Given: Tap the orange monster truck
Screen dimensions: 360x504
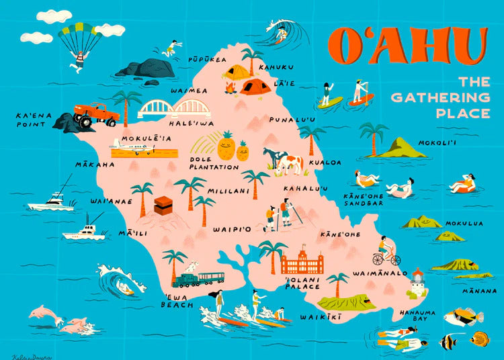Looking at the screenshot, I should point(96,115).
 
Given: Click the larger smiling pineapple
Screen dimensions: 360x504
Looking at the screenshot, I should point(226,146).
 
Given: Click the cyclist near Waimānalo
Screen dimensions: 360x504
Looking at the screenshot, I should point(386,255).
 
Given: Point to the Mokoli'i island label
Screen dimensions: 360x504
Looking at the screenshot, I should point(437,142).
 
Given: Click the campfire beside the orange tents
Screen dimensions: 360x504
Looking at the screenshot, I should point(230,87).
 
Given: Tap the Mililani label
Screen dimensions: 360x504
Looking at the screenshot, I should point(228,191).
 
